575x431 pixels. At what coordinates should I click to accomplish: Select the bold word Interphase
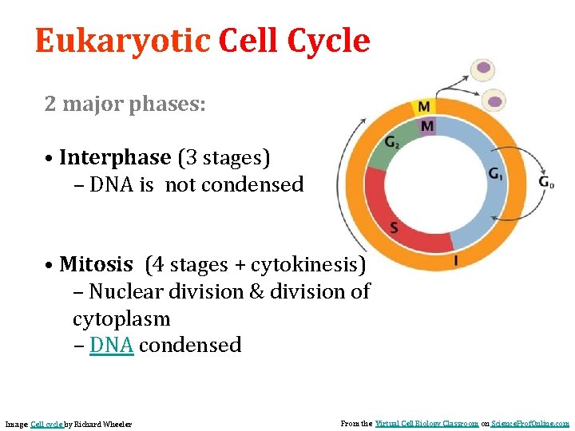coord(115,158)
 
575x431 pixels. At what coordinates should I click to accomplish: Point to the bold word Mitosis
coord(96,264)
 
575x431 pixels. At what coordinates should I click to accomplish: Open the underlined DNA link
coord(111,346)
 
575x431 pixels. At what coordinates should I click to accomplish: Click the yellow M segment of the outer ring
coord(424,107)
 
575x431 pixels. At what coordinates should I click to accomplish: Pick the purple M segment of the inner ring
coord(427,126)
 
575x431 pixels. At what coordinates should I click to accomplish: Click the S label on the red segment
coord(395,228)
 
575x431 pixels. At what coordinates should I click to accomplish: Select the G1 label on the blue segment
coord(496,174)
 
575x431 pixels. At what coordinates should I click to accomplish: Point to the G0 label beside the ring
coord(546,183)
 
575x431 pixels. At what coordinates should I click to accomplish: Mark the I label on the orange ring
coord(455,260)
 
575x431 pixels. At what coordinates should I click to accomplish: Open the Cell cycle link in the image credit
coord(46,424)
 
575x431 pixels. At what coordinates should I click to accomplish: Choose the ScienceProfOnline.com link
coord(530,424)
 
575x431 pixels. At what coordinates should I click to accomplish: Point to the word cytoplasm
coord(121,318)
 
